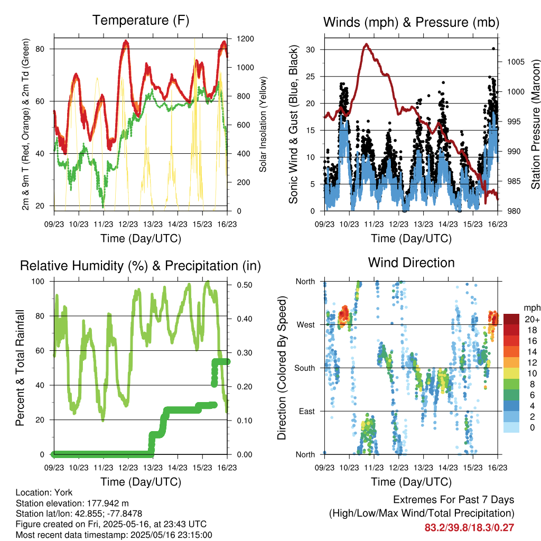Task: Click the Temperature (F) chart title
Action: point(141,20)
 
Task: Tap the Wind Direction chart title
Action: point(411,263)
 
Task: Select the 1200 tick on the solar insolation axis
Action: point(245,39)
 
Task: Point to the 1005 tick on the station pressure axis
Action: point(516,62)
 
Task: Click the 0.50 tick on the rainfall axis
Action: point(244,285)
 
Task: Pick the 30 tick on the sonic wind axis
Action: point(310,50)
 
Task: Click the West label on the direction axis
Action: point(306,325)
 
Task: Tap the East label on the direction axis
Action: point(307,411)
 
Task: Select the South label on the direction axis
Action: point(305,368)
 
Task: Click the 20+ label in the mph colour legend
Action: point(532,319)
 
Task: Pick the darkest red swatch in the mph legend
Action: point(511,319)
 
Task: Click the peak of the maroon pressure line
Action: point(367,44)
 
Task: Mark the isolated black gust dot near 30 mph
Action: point(493,49)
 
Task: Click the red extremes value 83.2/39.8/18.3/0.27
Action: point(469,528)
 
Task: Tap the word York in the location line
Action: point(63,492)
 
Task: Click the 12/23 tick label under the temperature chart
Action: point(128,224)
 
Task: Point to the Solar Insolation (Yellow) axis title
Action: point(263,124)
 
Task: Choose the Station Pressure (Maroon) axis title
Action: point(535,124)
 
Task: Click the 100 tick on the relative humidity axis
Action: point(38,282)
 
